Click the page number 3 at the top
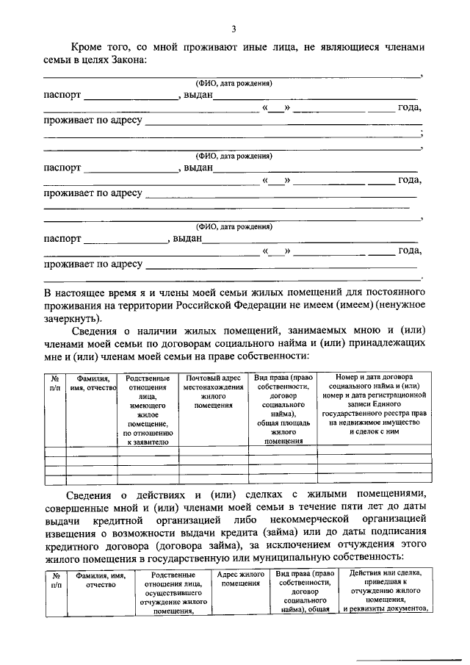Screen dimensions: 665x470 234,29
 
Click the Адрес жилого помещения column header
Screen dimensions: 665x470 242,578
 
